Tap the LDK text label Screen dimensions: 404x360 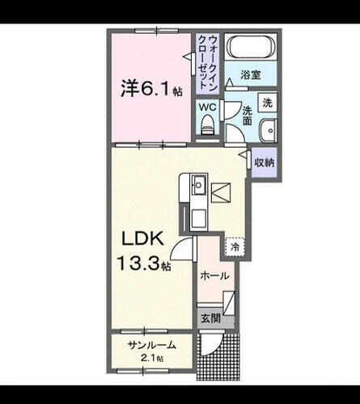tap(145, 239)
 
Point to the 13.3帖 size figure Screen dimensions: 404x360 tap(146, 263)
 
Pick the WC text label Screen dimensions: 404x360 tap(208, 105)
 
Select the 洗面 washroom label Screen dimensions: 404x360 tap(248, 121)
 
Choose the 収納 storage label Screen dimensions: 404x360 tap(265, 162)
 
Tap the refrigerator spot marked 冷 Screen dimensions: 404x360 tap(235, 246)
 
